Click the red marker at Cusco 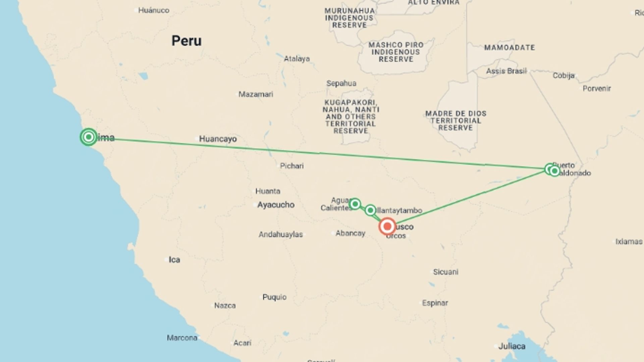pyautogui.click(x=387, y=227)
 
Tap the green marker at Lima pyautogui.click(x=89, y=137)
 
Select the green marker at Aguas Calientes pyautogui.click(x=355, y=204)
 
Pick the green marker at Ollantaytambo pyautogui.click(x=370, y=210)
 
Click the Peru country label pyautogui.click(x=186, y=41)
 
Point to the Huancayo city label pyautogui.click(x=218, y=139)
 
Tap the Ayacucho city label pyautogui.click(x=276, y=205)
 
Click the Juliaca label pyautogui.click(x=512, y=346)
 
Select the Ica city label pyautogui.click(x=174, y=260)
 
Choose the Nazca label pyautogui.click(x=225, y=306)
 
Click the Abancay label pyautogui.click(x=350, y=233)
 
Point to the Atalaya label pyautogui.click(x=297, y=59)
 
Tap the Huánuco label pyautogui.click(x=154, y=10)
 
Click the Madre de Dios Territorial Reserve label pyautogui.click(x=455, y=121)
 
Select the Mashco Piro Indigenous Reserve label pyautogui.click(x=396, y=52)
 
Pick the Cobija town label pyautogui.click(x=563, y=76)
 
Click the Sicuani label pyautogui.click(x=445, y=272)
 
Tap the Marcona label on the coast pyautogui.click(x=182, y=338)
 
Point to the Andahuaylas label pyautogui.click(x=280, y=235)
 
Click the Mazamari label pyautogui.click(x=256, y=94)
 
